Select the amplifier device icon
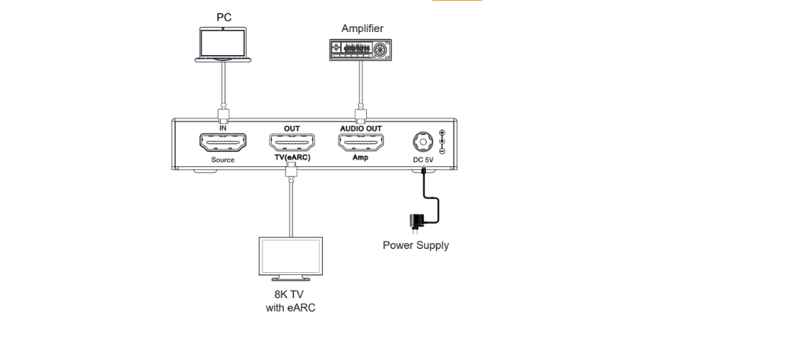(362, 49)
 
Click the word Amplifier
(362, 29)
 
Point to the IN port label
(222, 127)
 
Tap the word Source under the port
(222, 160)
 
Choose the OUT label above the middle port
(292, 127)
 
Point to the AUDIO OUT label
(362, 127)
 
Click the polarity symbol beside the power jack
(443, 141)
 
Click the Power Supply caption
(415, 245)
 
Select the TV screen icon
(290, 258)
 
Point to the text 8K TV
(290, 294)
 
